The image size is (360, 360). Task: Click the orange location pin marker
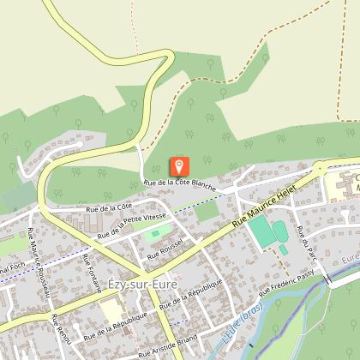[180, 166]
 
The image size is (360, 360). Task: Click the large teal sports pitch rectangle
[260, 232]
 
